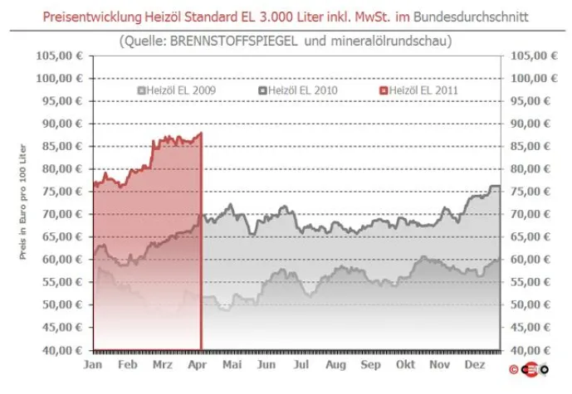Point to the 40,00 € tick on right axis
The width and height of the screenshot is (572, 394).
tap(530, 350)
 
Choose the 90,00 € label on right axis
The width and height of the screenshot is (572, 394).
tap(530, 124)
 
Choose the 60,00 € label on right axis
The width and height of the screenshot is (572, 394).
tap(530, 260)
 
